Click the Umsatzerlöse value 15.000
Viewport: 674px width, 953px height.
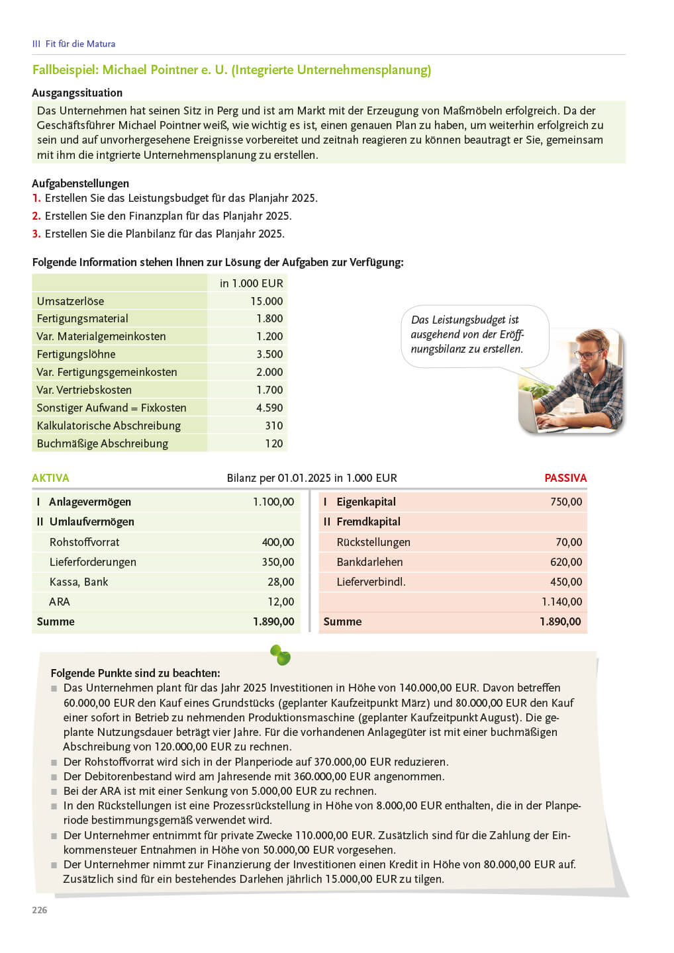click(266, 301)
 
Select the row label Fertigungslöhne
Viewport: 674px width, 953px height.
click(76, 355)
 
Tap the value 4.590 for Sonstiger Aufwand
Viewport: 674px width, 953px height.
click(269, 408)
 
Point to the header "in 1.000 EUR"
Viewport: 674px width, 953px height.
click(251, 283)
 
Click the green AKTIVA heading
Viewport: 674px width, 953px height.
click(50, 478)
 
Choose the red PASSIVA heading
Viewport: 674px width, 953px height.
click(565, 478)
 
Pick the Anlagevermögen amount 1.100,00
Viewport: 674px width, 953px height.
click(273, 502)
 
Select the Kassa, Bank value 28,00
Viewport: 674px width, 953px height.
click(281, 582)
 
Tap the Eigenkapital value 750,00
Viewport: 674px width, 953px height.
click(566, 502)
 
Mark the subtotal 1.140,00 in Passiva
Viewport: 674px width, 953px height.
click(561, 602)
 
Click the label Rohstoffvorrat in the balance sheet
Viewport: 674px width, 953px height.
click(85, 543)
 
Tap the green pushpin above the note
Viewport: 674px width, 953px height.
click(281, 655)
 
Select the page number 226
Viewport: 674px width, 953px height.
click(40, 911)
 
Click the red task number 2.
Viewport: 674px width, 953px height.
click(36, 216)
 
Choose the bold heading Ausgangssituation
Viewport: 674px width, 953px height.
click(77, 93)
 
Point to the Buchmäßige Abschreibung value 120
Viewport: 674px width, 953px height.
click(273, 444)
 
